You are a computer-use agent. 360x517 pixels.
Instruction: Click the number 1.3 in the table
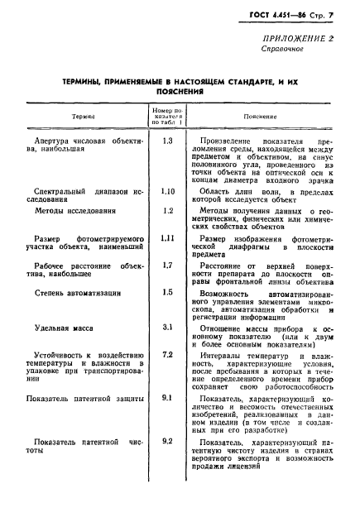pos(167,141)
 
